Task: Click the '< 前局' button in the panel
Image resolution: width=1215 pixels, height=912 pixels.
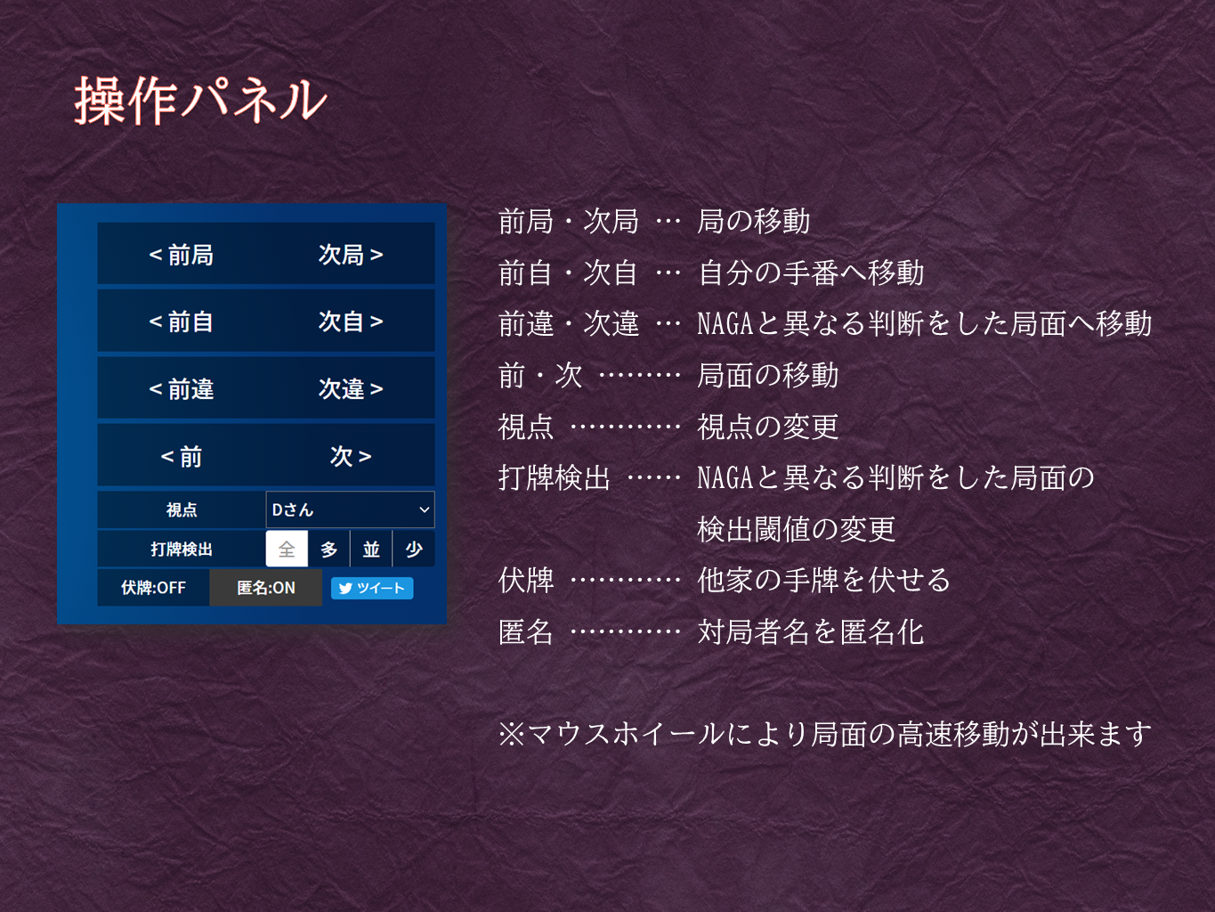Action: tap(182, 254)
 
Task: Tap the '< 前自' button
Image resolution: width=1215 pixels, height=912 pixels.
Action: tap(182, 322)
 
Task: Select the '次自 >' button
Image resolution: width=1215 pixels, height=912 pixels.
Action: tap(351, 322)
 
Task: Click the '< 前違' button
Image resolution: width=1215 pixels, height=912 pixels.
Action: tap(182, 388)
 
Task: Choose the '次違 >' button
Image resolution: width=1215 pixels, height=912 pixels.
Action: tap(351, 388)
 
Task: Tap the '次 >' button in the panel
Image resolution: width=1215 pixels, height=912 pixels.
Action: tap(351, 456)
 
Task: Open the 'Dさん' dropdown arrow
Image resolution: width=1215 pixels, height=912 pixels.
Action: tap(425, 509)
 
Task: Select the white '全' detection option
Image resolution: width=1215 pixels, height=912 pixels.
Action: tap(287, 549)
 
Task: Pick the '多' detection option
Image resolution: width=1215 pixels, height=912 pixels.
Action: tap(328, 549)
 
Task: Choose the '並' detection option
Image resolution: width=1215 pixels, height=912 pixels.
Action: tap(371, 549)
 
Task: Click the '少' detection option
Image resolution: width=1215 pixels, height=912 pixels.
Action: tap(414, 549)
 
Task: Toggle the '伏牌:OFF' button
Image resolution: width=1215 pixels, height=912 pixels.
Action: tap(153, 588)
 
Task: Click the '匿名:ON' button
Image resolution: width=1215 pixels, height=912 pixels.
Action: tap(265, 588)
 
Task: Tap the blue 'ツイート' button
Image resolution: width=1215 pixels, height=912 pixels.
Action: tap(372, 588)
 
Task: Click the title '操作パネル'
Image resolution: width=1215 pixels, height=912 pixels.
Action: tap(200, 101)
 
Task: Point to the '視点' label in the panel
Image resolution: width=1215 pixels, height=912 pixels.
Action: tap(182, 509)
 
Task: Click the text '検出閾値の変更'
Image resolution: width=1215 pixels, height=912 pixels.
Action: tap(796, 529)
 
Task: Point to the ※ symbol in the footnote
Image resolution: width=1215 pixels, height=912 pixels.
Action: tap(512, 734)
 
